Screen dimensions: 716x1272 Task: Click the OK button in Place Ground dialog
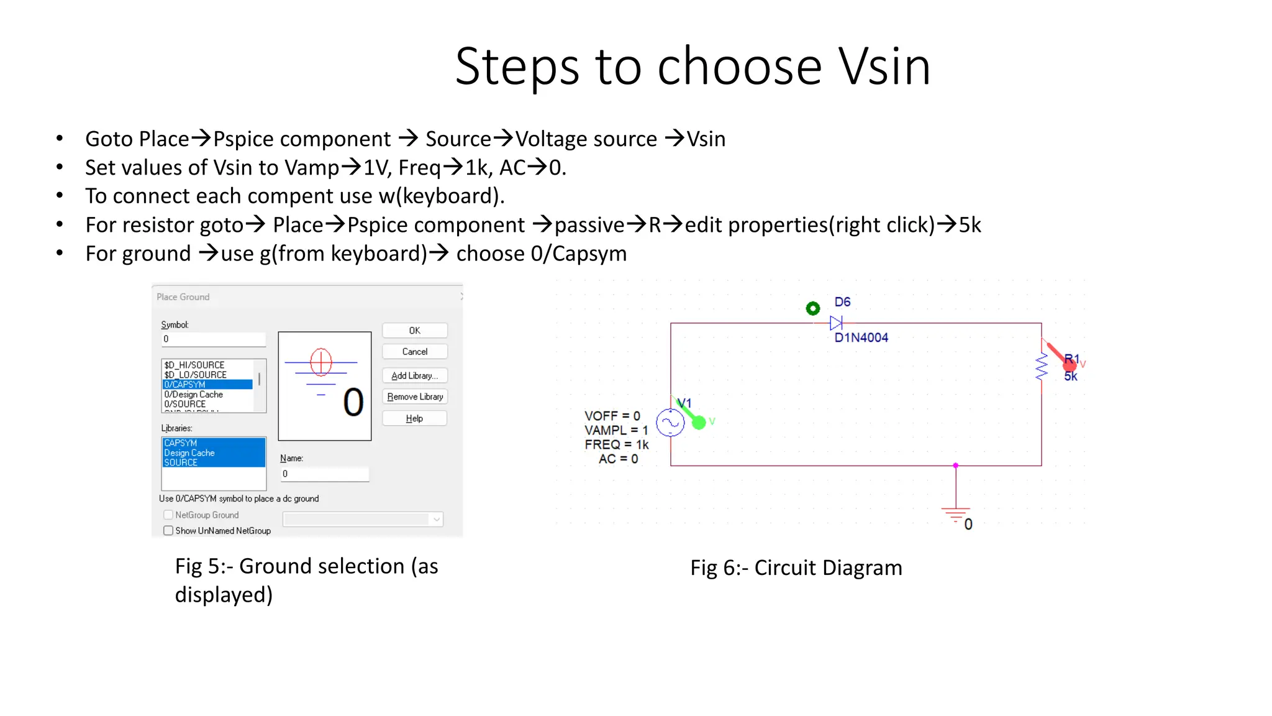point(414,331)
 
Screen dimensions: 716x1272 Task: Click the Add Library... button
point(414,375)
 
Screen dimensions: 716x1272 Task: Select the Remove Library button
point(414,397)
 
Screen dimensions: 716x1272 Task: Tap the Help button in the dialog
point(414,418)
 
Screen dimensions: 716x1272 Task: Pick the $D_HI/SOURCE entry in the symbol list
point(194,365)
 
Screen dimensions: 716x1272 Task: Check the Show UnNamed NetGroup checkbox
point(168,531)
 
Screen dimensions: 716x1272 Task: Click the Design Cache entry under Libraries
point(189,452)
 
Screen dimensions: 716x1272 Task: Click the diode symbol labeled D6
point(836,323)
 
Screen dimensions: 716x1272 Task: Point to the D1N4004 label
point(861,337)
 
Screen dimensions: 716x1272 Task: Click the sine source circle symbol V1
point(670,423)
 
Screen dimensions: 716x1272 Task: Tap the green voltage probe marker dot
point(699,423)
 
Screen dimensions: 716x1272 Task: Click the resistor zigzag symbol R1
point(1042,366)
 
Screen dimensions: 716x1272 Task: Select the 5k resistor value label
point(1071,377)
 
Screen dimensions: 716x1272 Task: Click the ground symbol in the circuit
point(955,513)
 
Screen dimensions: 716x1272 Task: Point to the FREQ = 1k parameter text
point(616,444)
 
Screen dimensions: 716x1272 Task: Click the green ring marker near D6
point(812,308)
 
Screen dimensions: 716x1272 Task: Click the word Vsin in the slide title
point(884,67)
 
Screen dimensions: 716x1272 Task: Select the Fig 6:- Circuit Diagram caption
point(796,567)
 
